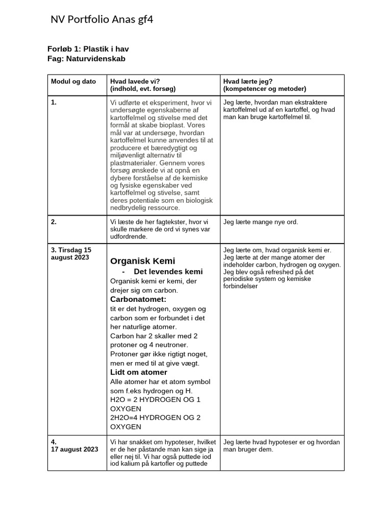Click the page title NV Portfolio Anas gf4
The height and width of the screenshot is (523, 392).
click(102, 20)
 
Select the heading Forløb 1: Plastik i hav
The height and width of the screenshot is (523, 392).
click(91, 50)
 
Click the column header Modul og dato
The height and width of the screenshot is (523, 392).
click(73, 82)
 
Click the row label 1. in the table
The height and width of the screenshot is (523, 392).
click(54, 103)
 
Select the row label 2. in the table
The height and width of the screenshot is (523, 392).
click(54, 222)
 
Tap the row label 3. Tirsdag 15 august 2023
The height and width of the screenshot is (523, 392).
click(71, 253)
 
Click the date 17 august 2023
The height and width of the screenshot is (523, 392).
click(75, 449)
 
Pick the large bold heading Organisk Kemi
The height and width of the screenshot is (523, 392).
click(142, 261)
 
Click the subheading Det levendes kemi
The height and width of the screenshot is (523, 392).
click(168, 272)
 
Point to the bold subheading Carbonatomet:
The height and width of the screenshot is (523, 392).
click(138, 299)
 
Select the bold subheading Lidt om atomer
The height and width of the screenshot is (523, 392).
click(138, 372)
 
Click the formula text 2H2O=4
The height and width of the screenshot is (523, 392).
click(127, 417)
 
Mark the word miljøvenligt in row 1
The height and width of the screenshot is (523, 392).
click(130, 155)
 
